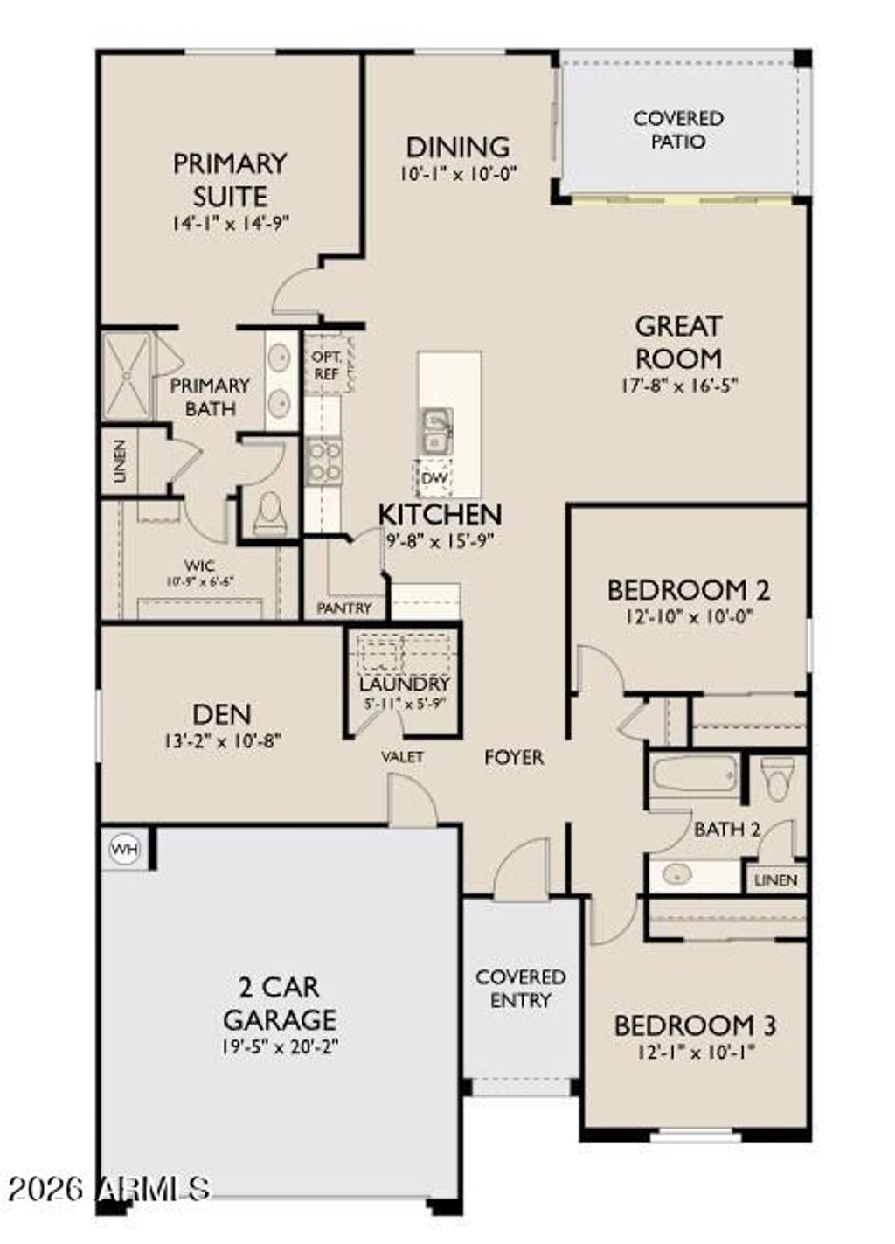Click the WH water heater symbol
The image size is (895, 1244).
126,850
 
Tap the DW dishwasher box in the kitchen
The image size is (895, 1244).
434,478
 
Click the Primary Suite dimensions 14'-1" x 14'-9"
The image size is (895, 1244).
230,223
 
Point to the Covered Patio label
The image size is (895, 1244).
678,129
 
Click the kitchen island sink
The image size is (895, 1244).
435,431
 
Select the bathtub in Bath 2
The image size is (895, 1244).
695,775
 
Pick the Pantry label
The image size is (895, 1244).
344,608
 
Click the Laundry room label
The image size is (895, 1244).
404,684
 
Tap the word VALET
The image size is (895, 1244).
402,757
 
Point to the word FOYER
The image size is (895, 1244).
514,758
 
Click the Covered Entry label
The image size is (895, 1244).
520,989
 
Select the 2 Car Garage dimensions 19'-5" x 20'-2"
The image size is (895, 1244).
280,1046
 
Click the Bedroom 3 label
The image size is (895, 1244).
695,1025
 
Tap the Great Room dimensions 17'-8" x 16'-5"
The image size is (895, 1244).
678,385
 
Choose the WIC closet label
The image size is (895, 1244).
199,566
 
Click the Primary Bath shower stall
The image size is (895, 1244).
128,376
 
